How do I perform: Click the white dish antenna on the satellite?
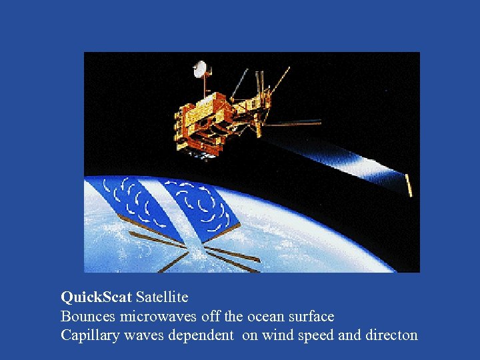point(200,69)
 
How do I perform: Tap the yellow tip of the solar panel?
point(409,185)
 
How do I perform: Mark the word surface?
point(310,316)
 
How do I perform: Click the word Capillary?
point(87,335)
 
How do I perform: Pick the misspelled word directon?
point(391,335)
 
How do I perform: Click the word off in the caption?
point(211,316)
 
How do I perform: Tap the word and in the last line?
point(349,335)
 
